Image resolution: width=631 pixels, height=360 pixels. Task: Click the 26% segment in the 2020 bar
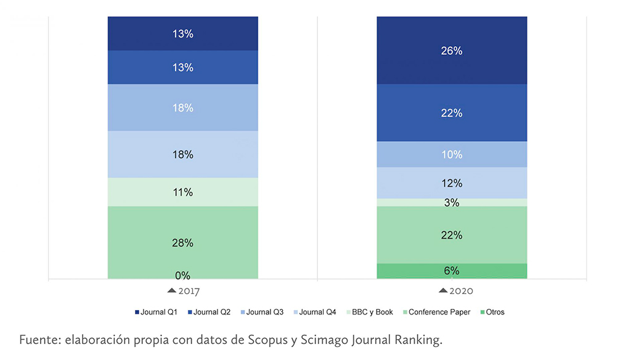452,51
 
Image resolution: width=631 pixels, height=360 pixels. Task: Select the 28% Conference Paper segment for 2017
182,242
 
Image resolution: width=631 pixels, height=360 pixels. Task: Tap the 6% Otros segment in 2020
452,271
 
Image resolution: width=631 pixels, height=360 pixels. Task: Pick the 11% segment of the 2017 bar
182,192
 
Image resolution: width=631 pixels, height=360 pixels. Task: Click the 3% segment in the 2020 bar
452,202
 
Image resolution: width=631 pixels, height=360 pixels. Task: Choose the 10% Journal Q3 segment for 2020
452,154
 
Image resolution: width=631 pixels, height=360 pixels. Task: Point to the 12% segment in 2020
452,183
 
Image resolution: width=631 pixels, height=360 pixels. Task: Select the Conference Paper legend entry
435,312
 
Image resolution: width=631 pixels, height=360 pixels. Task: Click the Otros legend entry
491,312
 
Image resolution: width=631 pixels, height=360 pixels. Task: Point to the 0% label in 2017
182,276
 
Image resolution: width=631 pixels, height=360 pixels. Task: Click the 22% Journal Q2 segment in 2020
452,113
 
